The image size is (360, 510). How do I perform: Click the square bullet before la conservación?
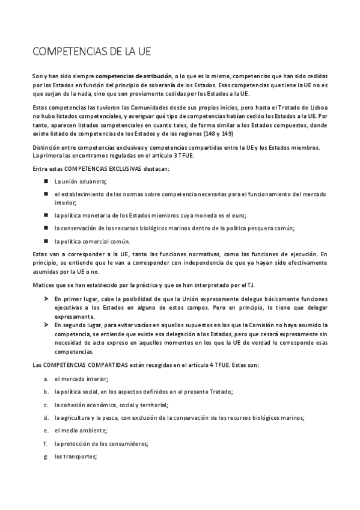click(46, 228)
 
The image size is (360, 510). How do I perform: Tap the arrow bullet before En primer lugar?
click(46, 299)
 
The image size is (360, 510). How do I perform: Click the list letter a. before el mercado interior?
click(46, 379)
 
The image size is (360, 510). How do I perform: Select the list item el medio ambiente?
click(80, 431)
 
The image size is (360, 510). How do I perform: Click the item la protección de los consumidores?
click(101, 443)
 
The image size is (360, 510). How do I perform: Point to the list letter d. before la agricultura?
click(46, 417)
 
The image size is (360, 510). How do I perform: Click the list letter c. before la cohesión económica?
click(46, 405)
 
